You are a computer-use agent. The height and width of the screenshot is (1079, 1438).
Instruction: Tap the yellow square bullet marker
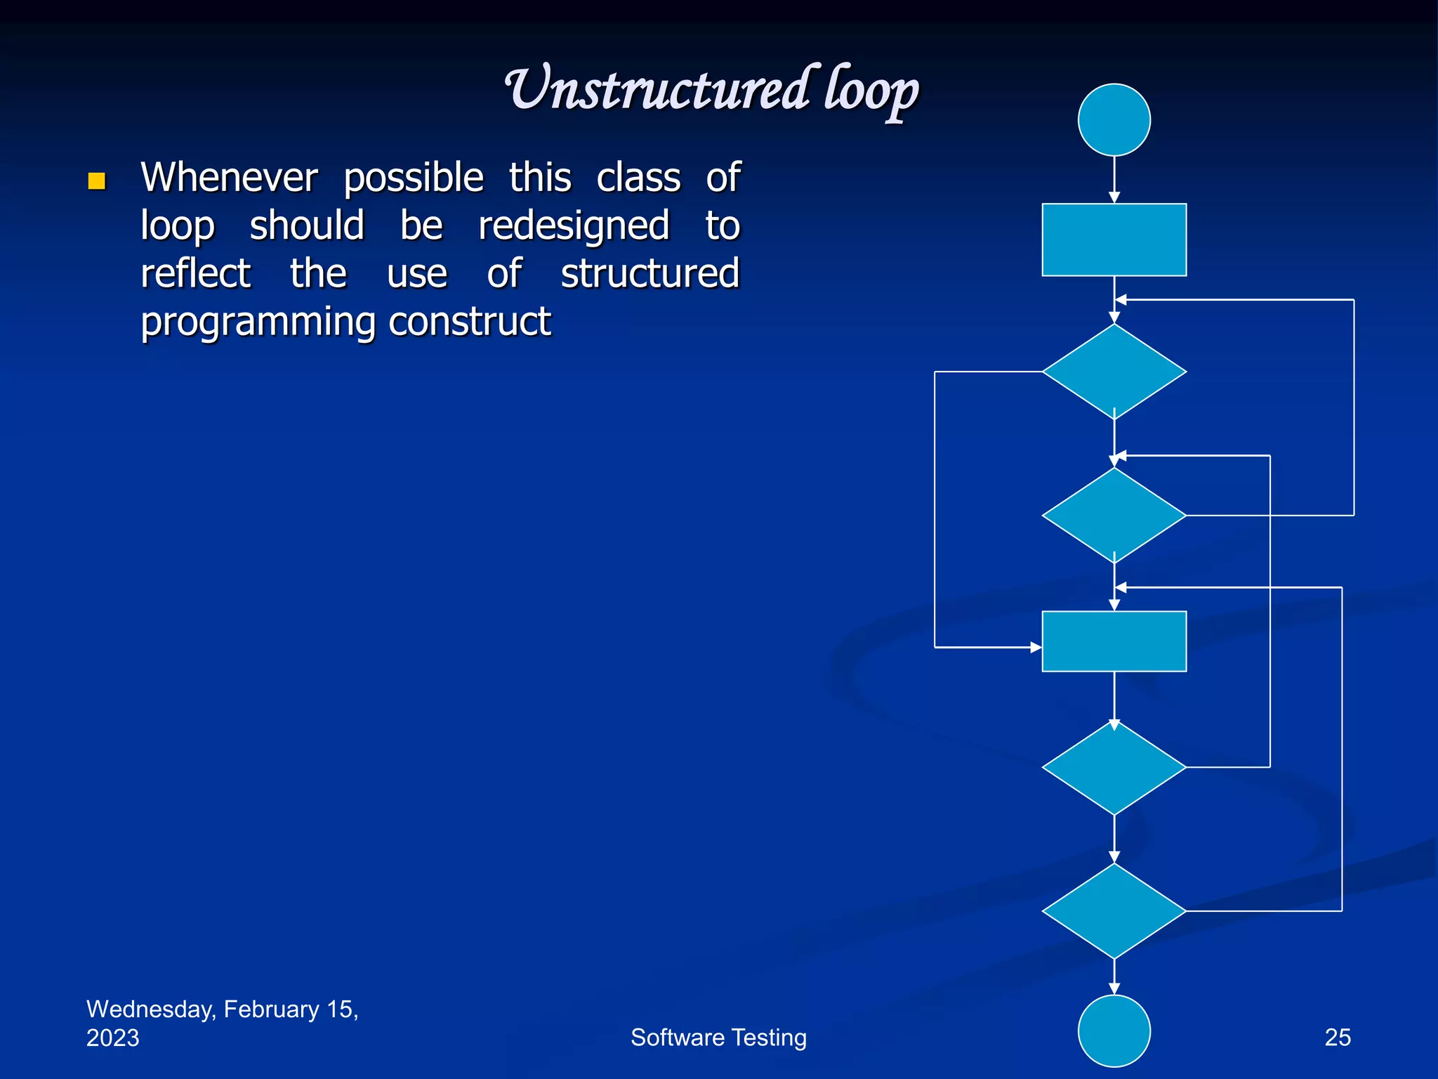point(97,181)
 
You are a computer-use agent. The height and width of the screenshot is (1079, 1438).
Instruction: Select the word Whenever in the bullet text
point(229,177)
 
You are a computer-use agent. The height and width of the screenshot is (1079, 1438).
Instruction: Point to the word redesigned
point(574,225)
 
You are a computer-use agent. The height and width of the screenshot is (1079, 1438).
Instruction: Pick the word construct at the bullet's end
point(469,322)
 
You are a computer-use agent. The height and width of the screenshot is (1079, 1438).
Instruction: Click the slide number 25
point(1337,1037)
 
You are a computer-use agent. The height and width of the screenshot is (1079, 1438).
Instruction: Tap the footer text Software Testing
point(718,1037)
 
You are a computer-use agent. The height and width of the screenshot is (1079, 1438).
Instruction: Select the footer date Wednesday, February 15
point(222,1009)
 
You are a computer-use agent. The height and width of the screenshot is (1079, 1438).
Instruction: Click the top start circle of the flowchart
point(1114,120)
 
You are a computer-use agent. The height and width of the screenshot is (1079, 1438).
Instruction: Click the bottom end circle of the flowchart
point(1114,1031)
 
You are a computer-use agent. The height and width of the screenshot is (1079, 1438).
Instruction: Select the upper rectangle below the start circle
point(1114,240)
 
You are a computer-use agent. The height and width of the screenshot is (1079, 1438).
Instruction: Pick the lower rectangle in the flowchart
point(1114,641)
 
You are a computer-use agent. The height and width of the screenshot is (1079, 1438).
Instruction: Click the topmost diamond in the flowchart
point(1114,372)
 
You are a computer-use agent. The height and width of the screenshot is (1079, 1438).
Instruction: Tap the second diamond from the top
point(1114,516)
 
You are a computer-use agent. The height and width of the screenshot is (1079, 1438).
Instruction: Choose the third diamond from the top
point(1114,767)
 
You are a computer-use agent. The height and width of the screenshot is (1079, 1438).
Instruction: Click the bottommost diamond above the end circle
point(1114,911)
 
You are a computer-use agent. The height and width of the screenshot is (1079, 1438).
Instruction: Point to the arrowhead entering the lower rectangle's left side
point(1036,647)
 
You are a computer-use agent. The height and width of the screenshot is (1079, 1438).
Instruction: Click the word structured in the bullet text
point(649,273)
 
